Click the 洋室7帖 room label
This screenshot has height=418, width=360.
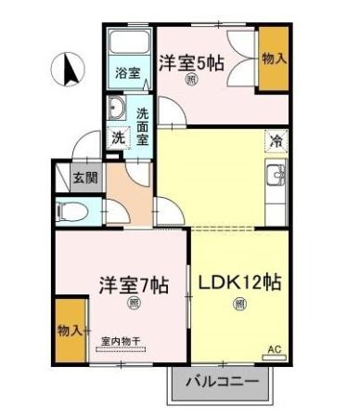pyautogui.click(x=133, y=284)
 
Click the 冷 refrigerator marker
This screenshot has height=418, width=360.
pyautogui.click(x=276, y=141)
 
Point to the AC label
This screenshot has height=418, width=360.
pyautogui.click(x=274, y=349)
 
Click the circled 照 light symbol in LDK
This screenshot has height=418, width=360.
pyautogui.click(x=239, y=304)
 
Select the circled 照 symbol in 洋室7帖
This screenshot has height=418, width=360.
pyautogui.click(x=134, y=304)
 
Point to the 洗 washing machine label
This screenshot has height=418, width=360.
pyautogui.click(x=118, y=137)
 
